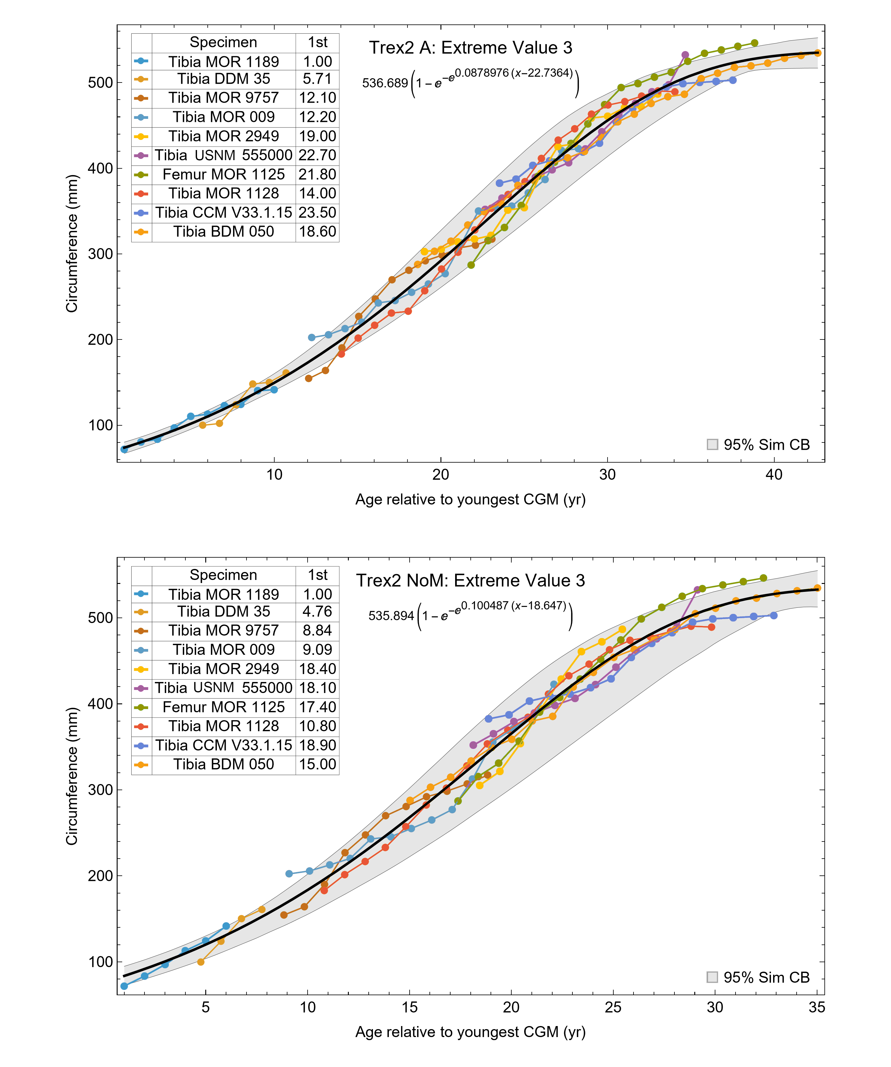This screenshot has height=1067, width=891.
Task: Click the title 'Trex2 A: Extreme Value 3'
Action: click(470, 48)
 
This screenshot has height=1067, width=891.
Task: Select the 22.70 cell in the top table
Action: click(317, 155)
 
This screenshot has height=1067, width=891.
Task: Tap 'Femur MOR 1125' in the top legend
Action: click(224, 174)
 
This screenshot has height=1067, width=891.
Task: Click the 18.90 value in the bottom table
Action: click(317, 745)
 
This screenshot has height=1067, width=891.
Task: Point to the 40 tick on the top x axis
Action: click(774, 475)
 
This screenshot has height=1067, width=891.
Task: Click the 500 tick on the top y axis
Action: click(100, 83)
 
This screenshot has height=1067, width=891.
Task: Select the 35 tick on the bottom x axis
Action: click(816, 1007)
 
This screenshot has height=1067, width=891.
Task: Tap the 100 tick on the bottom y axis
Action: click(100, 962)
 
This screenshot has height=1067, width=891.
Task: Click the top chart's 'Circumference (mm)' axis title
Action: click(72, 244)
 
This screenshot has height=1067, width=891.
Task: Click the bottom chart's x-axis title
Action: click(470, 1032)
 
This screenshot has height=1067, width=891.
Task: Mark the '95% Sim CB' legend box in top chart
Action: click(712, 445)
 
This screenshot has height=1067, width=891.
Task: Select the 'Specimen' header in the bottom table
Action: click(224, 575)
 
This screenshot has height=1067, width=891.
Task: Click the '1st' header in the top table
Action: click(317, 42)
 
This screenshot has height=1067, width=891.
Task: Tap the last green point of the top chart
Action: click(754, 43)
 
